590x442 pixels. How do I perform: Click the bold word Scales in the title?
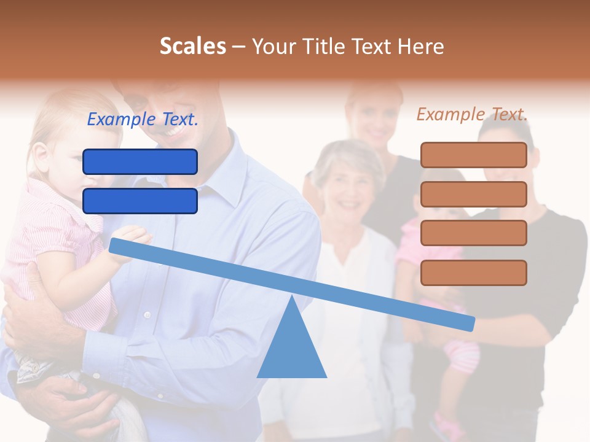pos(192,46)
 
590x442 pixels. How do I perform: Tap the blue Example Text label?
pos(143,119)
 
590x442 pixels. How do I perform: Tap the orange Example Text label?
pos(472,114)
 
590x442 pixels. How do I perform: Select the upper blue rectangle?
pos(140,162)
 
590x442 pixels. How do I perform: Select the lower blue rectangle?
pos(140,201)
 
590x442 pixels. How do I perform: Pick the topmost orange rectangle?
pos(473,155)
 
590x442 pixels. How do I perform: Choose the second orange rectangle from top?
pos(473,194)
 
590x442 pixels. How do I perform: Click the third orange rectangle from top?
pos(473,233)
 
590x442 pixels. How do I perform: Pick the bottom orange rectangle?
pos(473,273)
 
